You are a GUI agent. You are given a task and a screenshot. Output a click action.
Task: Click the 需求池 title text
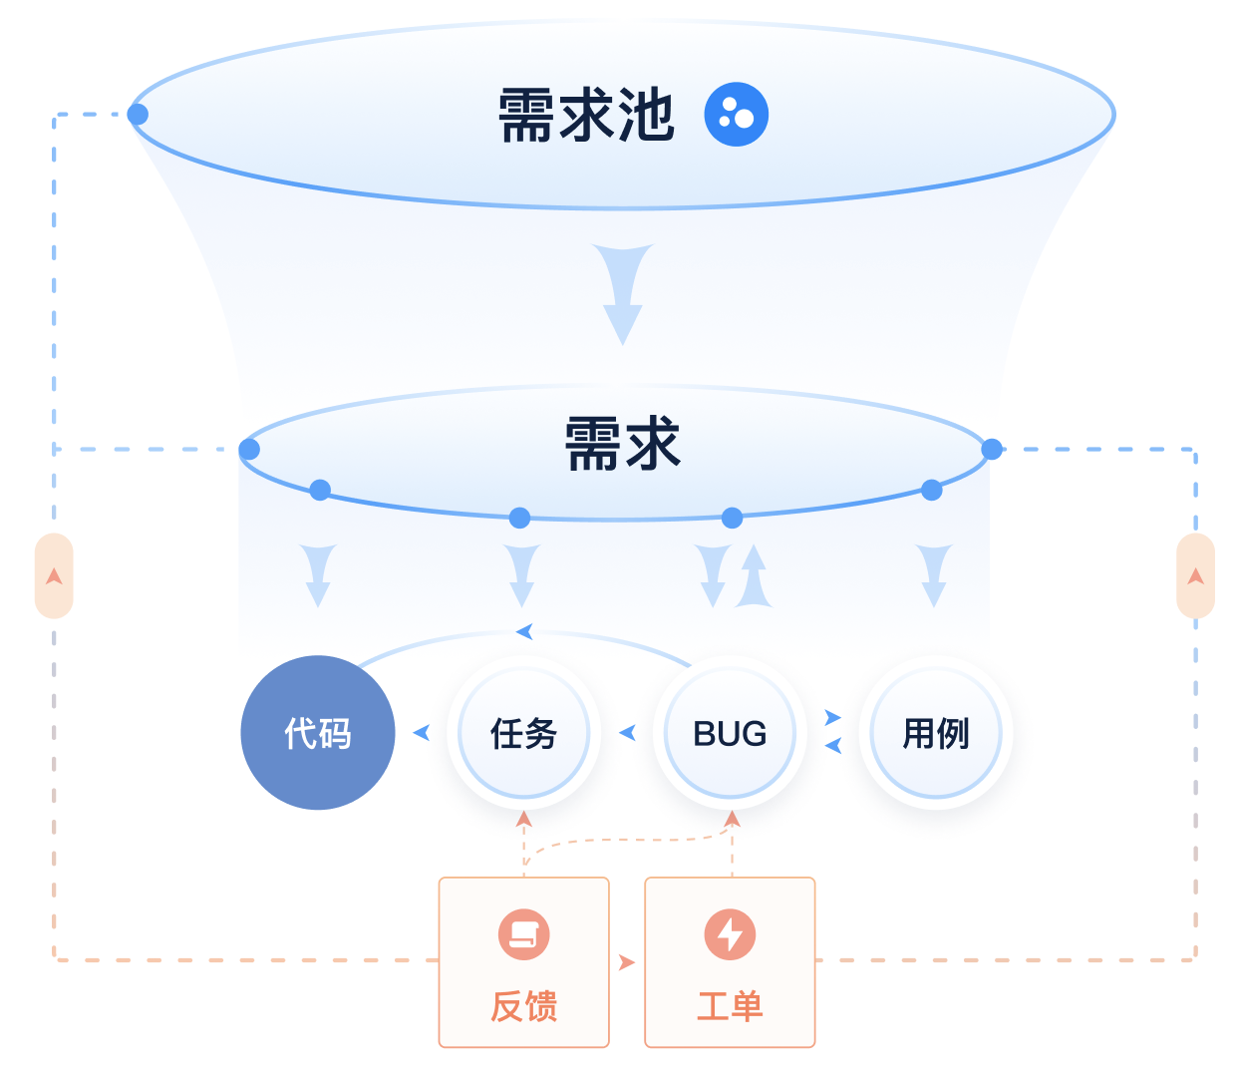pos(586,115)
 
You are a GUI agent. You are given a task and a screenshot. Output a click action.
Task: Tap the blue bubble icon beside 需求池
pos(736,115)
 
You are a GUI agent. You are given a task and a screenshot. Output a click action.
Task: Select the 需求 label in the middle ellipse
pos(622,444)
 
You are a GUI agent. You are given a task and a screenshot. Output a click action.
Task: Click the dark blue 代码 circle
pos(318,733)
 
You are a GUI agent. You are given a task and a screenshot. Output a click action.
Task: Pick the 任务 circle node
pos(523,733)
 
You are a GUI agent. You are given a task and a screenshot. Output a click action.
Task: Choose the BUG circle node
pos(730,733)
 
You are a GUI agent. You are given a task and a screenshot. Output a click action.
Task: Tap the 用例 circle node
pos(936,733)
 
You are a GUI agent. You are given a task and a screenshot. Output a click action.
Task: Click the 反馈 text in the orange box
pos(523,1006)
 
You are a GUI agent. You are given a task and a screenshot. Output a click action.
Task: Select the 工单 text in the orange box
pos(730,1006)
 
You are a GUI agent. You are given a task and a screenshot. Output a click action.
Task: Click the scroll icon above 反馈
pos(523,934)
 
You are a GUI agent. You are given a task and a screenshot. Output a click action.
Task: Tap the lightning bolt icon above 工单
pos(730,934)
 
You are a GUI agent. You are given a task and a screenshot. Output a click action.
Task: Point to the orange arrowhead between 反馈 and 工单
pos(627,962)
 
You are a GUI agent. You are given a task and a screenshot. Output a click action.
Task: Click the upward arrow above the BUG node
pos(754,575)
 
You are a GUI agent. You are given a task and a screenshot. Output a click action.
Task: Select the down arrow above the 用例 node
pos(934,575)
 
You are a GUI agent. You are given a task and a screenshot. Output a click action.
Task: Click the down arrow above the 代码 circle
pos(318,575)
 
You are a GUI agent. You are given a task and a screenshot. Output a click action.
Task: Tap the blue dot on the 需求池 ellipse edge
pos(138,115)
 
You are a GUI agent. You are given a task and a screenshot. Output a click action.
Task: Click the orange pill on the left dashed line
pos(54,575)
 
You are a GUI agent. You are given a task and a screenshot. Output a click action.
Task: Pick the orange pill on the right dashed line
pos(1195,575)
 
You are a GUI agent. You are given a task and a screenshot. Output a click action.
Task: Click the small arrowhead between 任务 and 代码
pos(422,733)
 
